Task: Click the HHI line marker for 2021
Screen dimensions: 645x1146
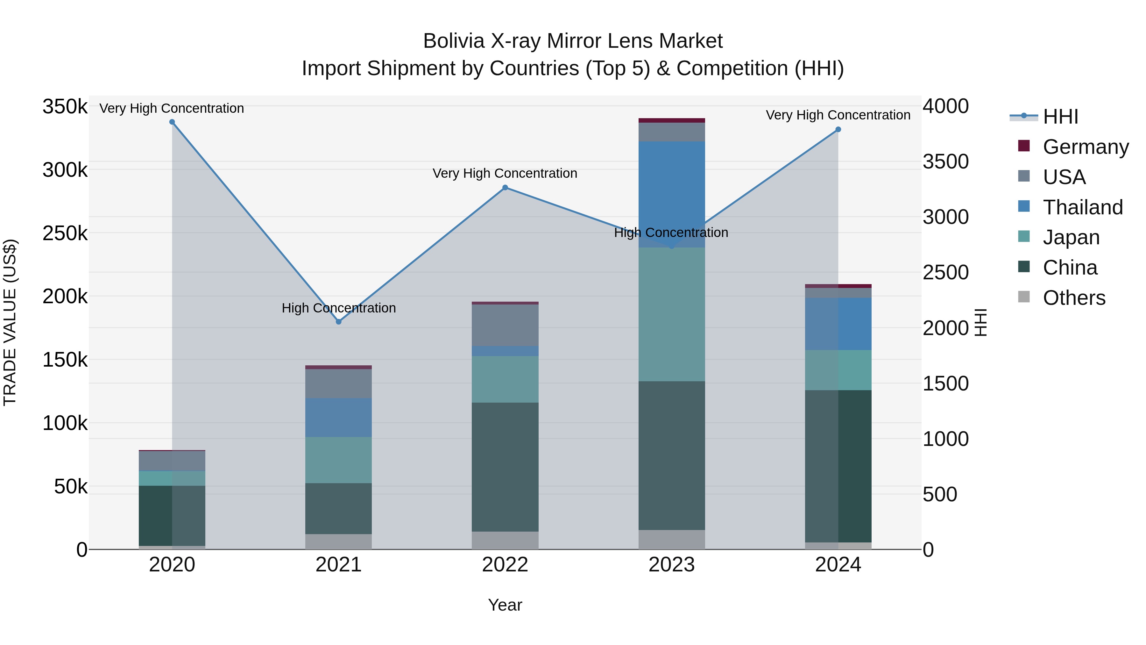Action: (x=339, y=321)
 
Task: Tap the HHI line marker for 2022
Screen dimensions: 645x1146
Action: (x=505, y=187)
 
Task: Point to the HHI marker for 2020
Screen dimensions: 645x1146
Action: (x=172, y=122)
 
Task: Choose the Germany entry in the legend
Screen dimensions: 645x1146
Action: (x=1086, y=147)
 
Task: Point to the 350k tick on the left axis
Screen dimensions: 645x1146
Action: (x=65, y=107)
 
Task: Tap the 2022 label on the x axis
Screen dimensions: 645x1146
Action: (x=505, y=565)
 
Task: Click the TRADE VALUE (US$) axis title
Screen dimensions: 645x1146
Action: (x=10, y=322)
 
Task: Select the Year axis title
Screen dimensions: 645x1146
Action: (x=505, y=605)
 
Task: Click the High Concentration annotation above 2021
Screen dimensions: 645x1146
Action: (x=339, y=308)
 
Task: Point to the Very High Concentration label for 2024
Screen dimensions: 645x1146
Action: (x=838, y=115)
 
